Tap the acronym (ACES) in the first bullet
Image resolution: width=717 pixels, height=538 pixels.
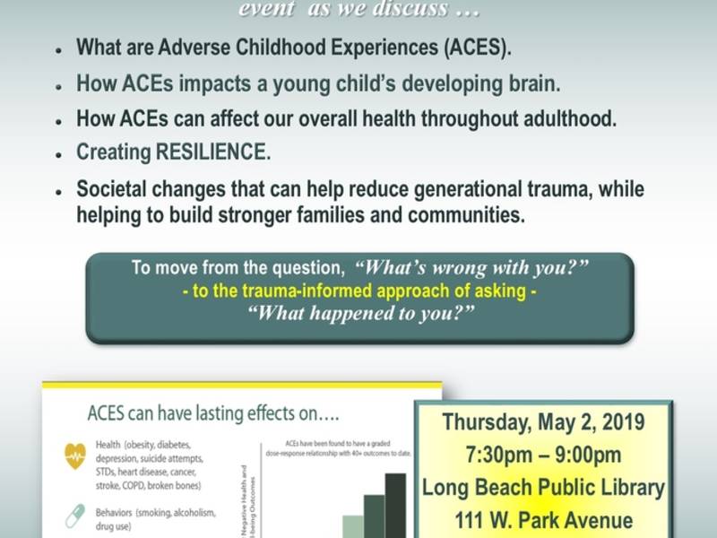click(479, 48)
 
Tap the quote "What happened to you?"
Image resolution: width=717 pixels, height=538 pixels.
click(360, 312)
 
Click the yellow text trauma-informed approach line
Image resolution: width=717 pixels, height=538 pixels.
click(360, 290)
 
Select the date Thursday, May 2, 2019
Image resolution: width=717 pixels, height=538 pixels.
click(543, 421)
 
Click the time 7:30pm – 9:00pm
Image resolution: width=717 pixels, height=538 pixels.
click(543, 455)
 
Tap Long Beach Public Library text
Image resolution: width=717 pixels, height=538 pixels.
click(543, 488)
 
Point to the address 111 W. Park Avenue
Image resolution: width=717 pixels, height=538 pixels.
click(543, 521)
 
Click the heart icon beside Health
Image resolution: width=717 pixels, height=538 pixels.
click(75, 456)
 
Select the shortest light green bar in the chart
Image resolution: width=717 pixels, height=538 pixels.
click(353, 526)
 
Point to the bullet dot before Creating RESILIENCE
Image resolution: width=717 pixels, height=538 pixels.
click(58, 154)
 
